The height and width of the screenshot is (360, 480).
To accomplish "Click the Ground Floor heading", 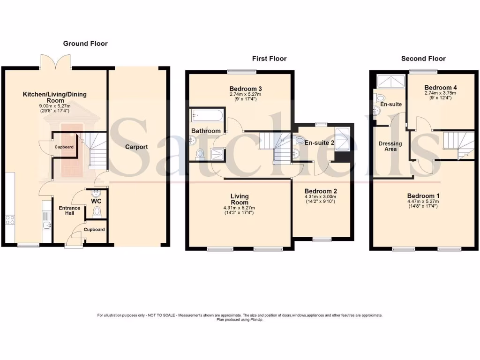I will pos(85,44).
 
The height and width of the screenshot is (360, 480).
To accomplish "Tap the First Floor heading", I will pos(269,59).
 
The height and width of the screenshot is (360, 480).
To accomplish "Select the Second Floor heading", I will pos(423,59).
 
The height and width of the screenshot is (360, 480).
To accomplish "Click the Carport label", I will pos(136,147).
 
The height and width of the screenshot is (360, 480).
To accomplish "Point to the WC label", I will pos(96,202).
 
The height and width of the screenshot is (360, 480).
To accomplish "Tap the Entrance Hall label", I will pos(69,210).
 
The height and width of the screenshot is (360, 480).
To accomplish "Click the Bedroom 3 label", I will pos(246,89).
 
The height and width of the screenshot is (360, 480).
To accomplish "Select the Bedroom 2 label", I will pos(321,191).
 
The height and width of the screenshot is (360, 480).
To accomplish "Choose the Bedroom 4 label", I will pos(440,88).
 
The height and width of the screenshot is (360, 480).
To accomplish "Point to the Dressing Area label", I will pos(390,146).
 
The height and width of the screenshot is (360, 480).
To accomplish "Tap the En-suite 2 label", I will pos(319,142).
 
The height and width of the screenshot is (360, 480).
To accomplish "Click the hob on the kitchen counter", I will pos(10,219).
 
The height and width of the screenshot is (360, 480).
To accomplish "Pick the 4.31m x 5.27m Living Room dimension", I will pos(239,208).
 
